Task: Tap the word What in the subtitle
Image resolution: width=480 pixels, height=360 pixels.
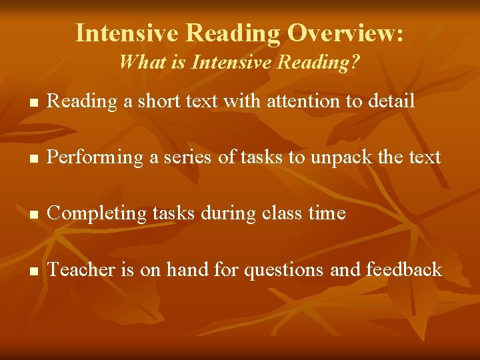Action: click(137, 63)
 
